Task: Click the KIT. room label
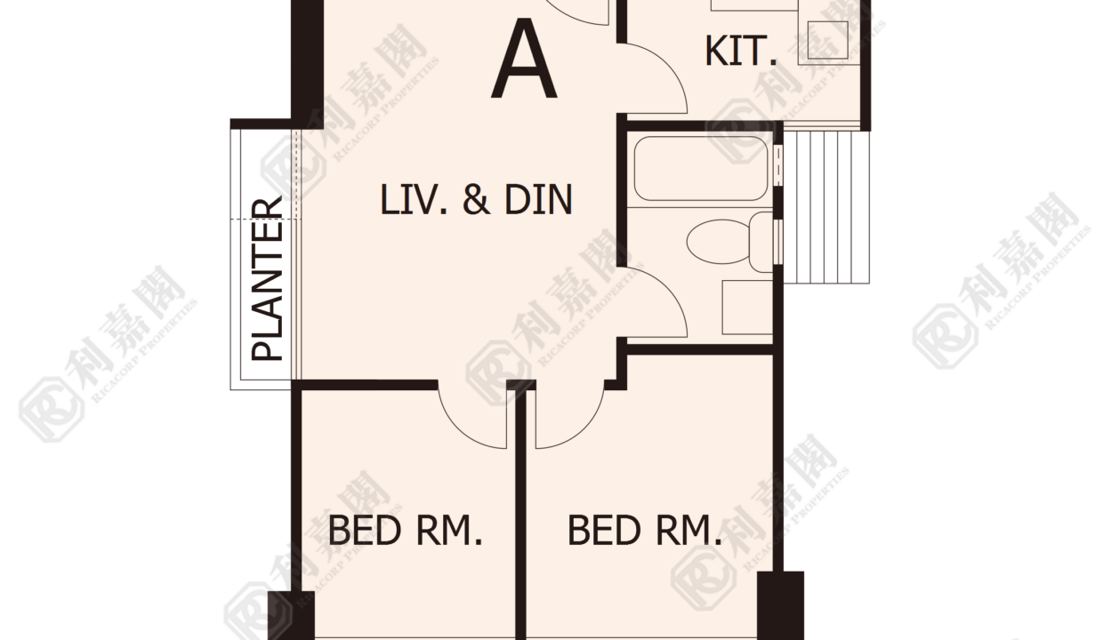(x=741, y=51)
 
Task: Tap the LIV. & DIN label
(x=476, y=199)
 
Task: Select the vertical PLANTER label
(x=267, y=278)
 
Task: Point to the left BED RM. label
(x=405, y=530)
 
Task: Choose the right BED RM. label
(x=645, y=530)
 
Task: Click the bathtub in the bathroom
(x=701, y=168)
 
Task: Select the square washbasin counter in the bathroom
(x=747, y=308)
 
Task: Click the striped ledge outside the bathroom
(x=826, y=206)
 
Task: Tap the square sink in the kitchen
(x=828, y=40)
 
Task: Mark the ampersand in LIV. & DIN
(x=477, y=199)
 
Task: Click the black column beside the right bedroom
(x=780, y=605)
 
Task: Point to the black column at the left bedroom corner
(x=291, y=615)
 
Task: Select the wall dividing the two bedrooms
(x=521, y=512)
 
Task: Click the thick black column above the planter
(x=307, y=59)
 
